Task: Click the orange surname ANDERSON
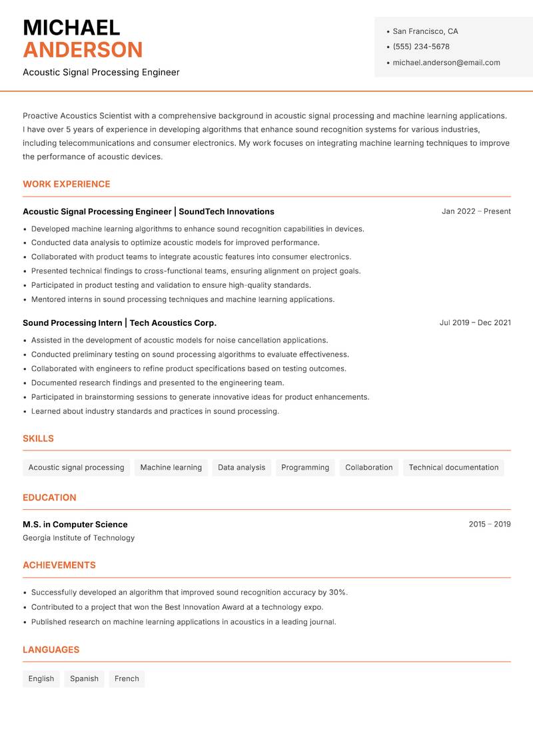(83, 50)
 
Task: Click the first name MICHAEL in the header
(71, 27)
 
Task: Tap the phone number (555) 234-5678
(421, 47)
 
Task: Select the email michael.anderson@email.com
(446, 63)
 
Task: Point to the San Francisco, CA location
(425, 31)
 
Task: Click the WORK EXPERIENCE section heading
(67, 184)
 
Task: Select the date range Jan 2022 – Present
(476, 211)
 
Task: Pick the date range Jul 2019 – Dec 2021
(475, 323)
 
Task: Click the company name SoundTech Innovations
(227, 211)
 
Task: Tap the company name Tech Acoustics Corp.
(173, 323)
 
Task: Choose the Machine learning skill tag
(171, 467)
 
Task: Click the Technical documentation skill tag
(453, 467)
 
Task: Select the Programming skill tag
(305, 467)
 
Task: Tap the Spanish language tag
(84, 678)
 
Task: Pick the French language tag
(127, 678)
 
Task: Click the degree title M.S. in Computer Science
(75, 524)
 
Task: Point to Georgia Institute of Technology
(79, 538)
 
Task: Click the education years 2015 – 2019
(489, 524)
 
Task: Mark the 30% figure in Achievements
(338, 592)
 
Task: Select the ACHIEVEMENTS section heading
(59, 565)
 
